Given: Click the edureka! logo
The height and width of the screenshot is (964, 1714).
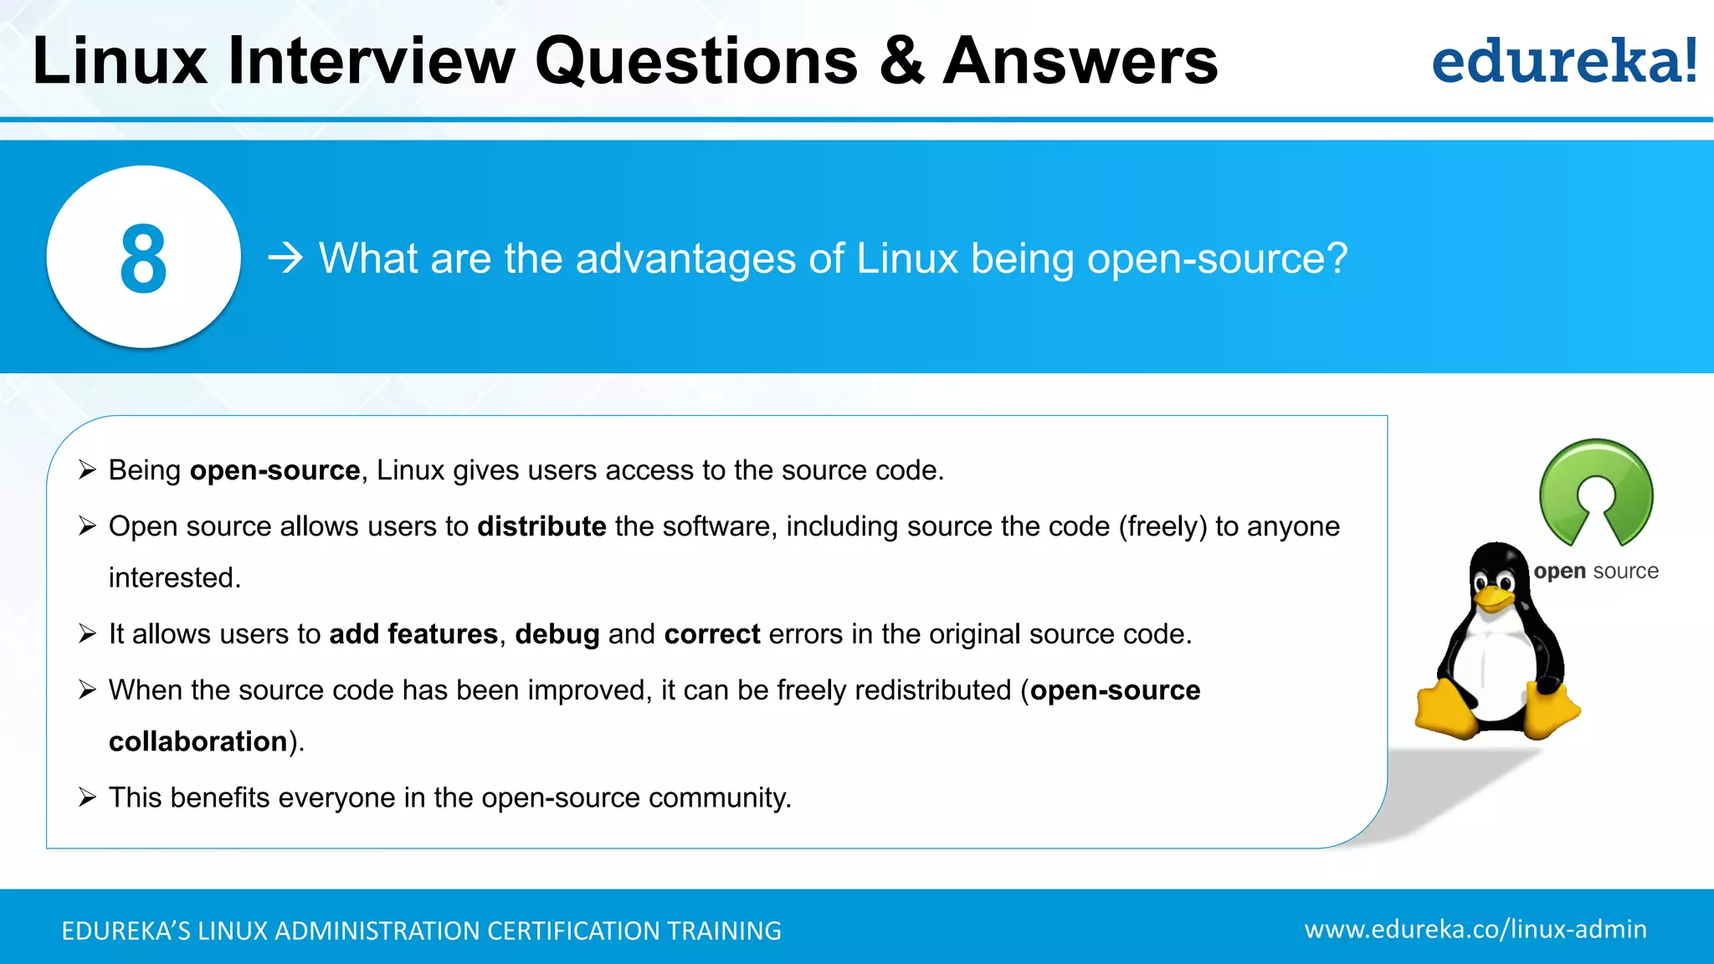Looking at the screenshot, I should (1564, 62).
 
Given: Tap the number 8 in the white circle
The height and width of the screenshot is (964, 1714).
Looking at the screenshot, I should (143, 259).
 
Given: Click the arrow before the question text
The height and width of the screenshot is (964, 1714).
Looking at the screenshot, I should (285, 258).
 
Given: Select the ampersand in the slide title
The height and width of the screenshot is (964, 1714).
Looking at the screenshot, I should (901, 62).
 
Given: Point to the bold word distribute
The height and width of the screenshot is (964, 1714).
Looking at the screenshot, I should (541, 526).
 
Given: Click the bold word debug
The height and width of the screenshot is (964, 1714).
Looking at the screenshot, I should (557, 634).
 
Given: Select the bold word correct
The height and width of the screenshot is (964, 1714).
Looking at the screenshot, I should (712, 634).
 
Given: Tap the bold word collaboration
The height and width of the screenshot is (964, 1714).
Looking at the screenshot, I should (198, 741).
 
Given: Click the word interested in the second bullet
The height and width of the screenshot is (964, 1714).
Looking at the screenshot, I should (174, 577).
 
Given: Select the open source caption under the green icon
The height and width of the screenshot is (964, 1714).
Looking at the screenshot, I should (1596, 572).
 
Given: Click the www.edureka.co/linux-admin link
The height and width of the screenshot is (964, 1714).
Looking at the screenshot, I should (1475, 930).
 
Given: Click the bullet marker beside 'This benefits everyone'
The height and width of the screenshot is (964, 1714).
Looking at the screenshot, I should (88, 797).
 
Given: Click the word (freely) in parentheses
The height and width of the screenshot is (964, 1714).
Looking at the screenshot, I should (1162, 526).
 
